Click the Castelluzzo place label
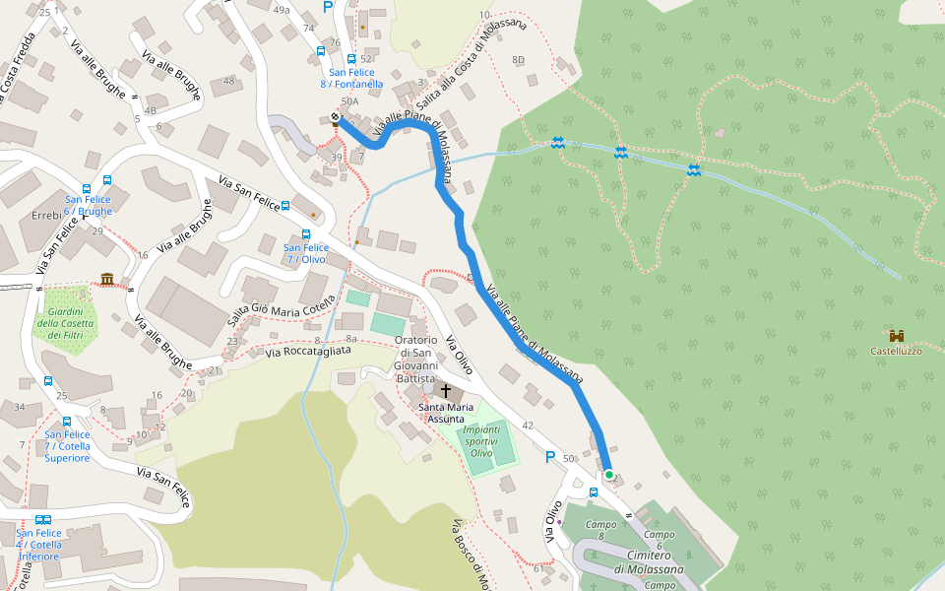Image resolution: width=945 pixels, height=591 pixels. (896, 351)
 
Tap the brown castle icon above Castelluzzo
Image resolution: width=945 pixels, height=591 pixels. (896, 335)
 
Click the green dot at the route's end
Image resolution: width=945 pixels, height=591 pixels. (608, 475)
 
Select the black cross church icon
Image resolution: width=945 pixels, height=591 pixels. (445, 391)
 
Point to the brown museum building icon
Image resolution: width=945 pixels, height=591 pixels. (106, 280)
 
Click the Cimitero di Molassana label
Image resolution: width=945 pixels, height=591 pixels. (649, 563)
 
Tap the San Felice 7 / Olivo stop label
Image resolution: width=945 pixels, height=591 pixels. (305, 253)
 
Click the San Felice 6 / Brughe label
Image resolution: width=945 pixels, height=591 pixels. (89, 205)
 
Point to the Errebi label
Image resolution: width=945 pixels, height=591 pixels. (46, 215)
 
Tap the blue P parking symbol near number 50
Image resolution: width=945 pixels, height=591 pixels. (550, 457)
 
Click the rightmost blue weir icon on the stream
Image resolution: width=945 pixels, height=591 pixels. (694, 170)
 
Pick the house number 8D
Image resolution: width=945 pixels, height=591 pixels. (518, 60)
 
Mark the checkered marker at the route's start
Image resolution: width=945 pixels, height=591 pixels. (336, 118)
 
